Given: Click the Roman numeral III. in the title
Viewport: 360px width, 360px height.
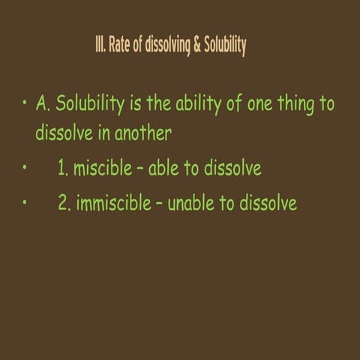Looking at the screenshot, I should click(100, 46).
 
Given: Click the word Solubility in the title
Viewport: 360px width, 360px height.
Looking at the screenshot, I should click(224, 46).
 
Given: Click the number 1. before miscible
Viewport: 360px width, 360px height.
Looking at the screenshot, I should click(64, 169).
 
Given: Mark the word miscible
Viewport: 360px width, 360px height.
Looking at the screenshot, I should click(101, 169).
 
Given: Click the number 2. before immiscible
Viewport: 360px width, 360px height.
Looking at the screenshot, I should click(64, 203).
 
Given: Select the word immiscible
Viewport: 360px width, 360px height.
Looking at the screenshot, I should click(113, 203).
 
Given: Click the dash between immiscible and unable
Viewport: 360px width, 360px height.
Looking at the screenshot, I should click(159, 204).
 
